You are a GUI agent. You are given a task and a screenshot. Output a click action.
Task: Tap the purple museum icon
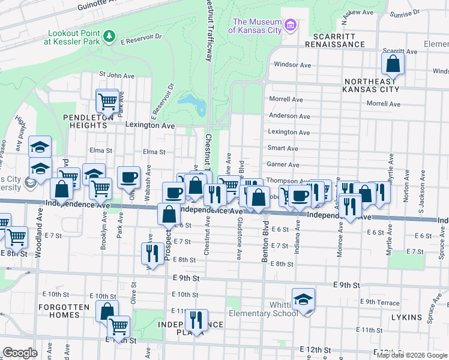tap(291, 25)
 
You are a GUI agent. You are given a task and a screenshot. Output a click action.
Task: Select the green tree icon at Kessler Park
tap(109, 37)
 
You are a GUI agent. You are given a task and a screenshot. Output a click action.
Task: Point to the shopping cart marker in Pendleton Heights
tap(107, 101)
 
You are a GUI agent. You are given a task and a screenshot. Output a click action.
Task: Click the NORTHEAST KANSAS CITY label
tap(370, 85)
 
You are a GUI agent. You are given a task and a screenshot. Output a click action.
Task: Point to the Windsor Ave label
tap(292, 64)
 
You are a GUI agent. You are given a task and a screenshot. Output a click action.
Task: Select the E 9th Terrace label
tap(379, 302)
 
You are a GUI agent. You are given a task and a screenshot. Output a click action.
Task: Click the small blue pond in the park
tap(193, 104)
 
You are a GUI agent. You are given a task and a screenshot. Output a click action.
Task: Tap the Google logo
tap(20, 353)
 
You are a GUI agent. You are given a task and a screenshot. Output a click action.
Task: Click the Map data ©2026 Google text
tap(411, 355)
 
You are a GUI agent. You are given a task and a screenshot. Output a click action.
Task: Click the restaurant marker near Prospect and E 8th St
tap(151, 253)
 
